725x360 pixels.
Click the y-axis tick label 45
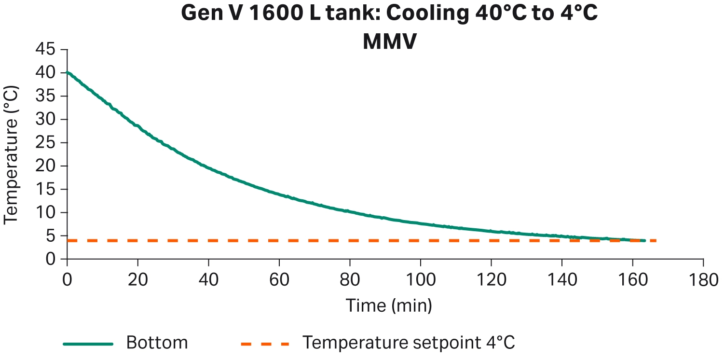(45, 50)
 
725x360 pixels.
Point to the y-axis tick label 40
(45, 73)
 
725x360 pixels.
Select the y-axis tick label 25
(45, 143)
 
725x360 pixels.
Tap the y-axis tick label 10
(45, 213)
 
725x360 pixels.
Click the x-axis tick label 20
(137, 280)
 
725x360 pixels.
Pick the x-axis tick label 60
(279, 280)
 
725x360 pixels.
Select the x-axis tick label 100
(420, 280)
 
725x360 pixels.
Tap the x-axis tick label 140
(561, 280)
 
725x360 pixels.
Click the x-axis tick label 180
(703, 280)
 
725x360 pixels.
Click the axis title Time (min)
(388, 305)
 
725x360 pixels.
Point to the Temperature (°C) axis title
(12, 154)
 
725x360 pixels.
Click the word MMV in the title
(389, 42)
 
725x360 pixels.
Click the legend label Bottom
(157, 343)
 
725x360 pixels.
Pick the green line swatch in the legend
(88, 344)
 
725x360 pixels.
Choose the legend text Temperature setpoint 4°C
(409, 343)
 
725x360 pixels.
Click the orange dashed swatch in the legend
(265, 344)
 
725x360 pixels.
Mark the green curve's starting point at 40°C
(67, 73)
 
